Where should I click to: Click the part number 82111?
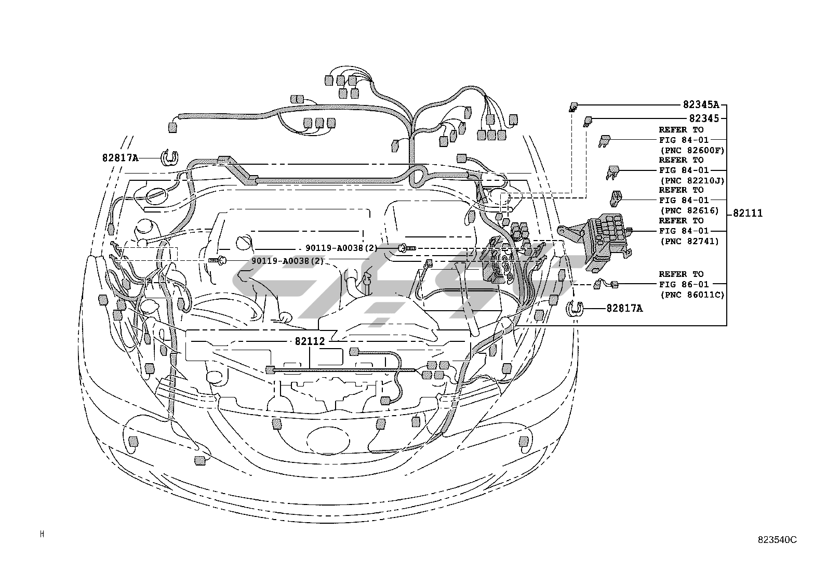click(748, 213)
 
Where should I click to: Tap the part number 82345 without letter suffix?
click(704, 118)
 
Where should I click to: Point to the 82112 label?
click(310, 341)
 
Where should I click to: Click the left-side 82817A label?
click(120, 157)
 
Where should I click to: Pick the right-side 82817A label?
click(624, 309)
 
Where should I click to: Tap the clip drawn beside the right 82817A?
click(573, 308)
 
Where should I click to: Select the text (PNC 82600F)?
click(691, 150)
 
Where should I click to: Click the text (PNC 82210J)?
click(691, 180)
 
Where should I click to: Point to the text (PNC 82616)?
click(689, 210)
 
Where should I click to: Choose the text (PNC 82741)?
click(689, 241)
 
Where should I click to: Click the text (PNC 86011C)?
click(691, 295)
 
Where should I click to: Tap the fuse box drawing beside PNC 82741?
click(603, 242)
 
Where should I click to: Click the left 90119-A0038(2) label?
click(287, 261)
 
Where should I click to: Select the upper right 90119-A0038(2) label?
click(341, 248)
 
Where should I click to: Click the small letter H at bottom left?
click(42, 534)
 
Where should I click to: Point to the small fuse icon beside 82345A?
click(573, 107)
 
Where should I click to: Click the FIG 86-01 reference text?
click(684, 284)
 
